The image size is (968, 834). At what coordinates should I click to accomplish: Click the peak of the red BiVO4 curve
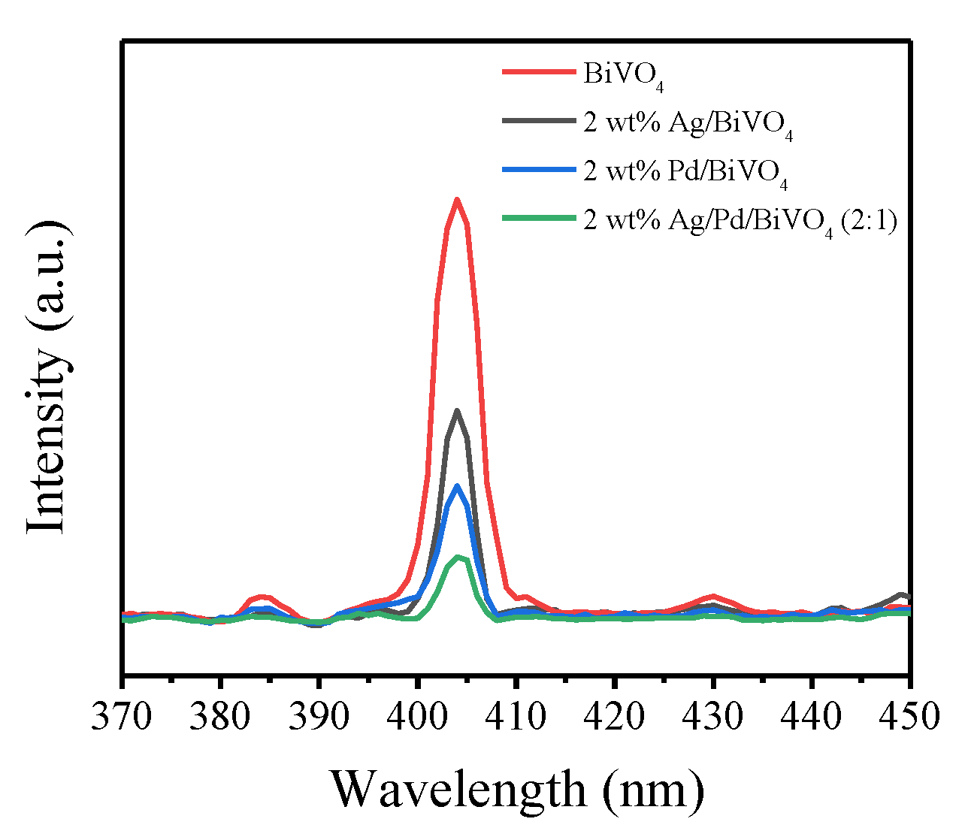[456, 200]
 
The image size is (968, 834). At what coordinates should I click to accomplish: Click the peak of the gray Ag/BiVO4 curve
[456, 410]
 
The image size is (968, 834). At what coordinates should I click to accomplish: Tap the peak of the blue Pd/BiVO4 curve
[456, 487]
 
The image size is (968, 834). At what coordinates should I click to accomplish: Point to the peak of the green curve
[457, 558]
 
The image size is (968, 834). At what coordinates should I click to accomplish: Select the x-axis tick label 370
[122, 716]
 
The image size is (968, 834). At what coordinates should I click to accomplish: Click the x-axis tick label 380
[220, 716]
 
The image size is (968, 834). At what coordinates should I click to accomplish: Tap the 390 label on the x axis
[319, 716]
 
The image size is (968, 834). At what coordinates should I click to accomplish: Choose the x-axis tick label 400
[417, 716]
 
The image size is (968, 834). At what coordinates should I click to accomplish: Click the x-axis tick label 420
[615, 716]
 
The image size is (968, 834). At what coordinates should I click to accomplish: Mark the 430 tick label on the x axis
[713, 716]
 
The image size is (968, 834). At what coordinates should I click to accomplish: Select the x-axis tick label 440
[812, 716]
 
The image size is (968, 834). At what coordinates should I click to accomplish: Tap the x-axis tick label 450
[908, 716]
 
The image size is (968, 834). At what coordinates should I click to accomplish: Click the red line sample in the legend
[539, 72]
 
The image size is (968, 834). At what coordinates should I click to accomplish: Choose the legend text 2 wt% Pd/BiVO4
[685, 172]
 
